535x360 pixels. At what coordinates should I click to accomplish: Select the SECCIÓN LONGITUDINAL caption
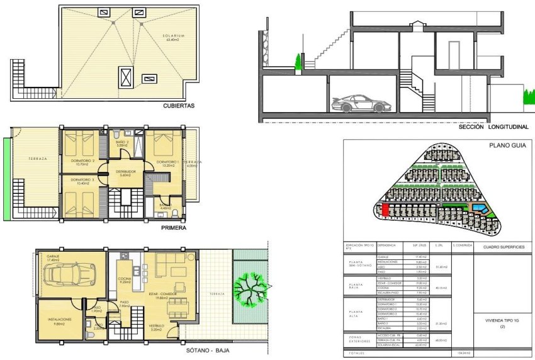coord(492,127)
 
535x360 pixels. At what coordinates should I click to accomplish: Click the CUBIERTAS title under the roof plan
coord(178,106)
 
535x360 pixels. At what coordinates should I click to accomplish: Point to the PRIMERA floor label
coord(174,228)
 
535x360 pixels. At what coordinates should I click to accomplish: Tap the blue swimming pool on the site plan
coord(480,208)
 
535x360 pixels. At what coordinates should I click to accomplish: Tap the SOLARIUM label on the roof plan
coord(172,36)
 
